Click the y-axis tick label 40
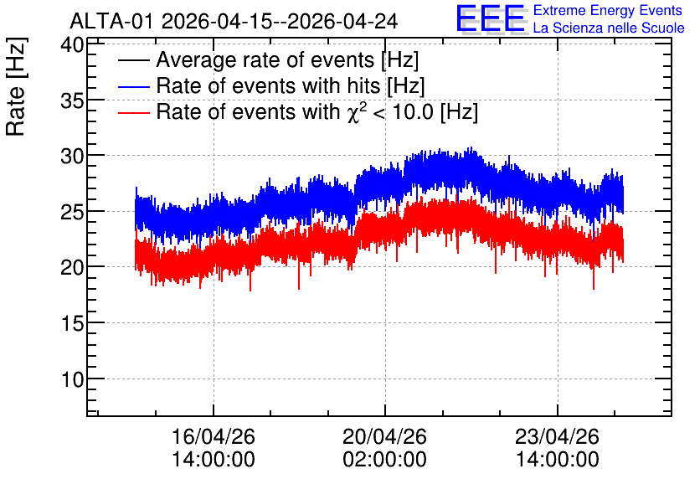pyautogui.click(x=72, y=45)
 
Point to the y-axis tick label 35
pyautogui.click(x=72, y=101)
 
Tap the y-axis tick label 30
pyautogui.click(x=72, y=157)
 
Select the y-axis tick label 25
pyautogui.click(x=72, y=213)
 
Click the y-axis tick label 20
pyautogui.click(x=72, y=268)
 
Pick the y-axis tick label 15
pyautogui.click(x=72, y=323)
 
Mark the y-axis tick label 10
pyautogui.click(x=72, y=379)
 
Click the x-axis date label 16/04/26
pyautogui.click(x=214, y=436)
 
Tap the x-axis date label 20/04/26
pyautogui.click(x=385, y=436)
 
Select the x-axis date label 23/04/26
pyautogui.click(x=557, y=436)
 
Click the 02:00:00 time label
pyautogui.click(x=385, y=459)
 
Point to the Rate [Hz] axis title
pyautogui.click(x=17, y=86)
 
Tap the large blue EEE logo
pyautogui.click(x=492, y=18)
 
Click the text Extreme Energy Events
pyautogui.click(x=608, y=10)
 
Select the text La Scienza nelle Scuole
pyautogui.click(x=609, y=28)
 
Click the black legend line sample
pyautogui.click(x=133, y=60)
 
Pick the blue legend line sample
pyautogui.click(x=133, y=86)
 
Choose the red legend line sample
pyautogui.click(x=133, y=112)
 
